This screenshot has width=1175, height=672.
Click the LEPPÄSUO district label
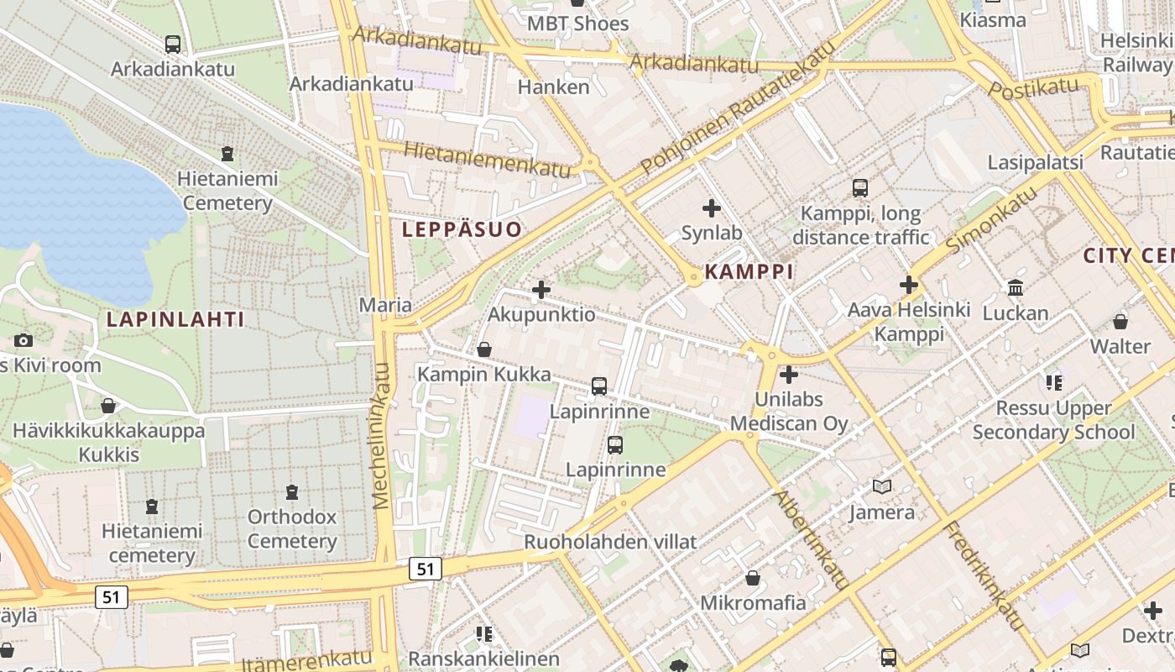click(x=462, y=228)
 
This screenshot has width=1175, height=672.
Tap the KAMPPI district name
click(x=749, y=271)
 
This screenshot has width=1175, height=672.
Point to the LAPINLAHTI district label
click(x=175, y=319)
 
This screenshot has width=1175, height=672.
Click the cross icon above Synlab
click(x=712, y=207)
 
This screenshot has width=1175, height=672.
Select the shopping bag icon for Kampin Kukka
click(x=484, y=349)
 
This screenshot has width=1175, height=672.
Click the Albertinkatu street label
click(x=811, y=538)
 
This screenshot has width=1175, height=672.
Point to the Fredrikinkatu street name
click(x=985, y=575)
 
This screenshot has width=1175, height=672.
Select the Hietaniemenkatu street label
click(x=487, y=159)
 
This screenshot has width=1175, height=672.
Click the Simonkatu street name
click(x=991, y=221)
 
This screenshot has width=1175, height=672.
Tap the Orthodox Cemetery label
click(x=291, y=528)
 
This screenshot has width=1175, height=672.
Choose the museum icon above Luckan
click(x=1016, y=288)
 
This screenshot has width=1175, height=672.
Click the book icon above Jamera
click(x=881, y=486)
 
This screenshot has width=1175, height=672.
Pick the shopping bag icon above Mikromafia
click(x=753, y=578)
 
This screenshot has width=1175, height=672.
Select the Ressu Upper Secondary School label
click(x=1053, y=420)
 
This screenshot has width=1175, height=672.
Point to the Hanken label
click(x=553, y=87)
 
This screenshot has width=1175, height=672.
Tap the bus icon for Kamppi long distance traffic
click(x=860, y=187)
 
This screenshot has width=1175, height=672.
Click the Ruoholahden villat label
click(x=610, y=542)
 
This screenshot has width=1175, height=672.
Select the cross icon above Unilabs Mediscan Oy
click(x=788, y=375)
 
